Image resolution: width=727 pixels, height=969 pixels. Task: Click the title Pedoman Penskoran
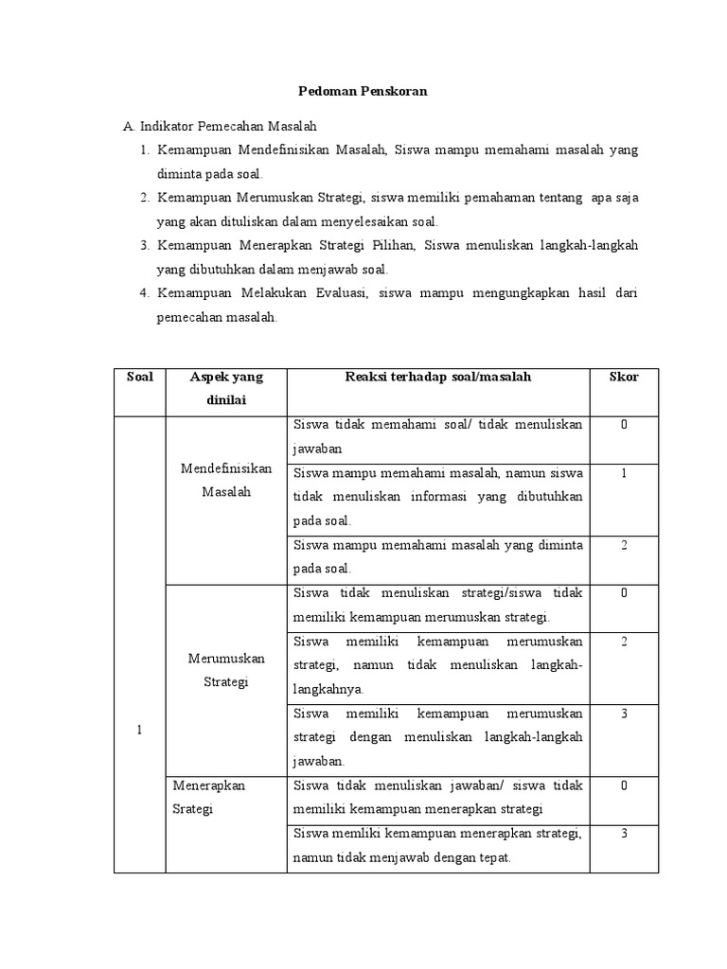(x=363, y=92)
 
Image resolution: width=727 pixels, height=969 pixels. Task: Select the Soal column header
(x=139, y=377)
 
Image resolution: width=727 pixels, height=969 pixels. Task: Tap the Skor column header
(x=624, y=377)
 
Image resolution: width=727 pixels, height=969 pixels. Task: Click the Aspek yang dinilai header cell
(x=226, y=388)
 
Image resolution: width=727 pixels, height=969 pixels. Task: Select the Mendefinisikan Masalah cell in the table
(x=226, y=480)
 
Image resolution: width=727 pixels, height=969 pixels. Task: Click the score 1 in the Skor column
(x=624, y=473)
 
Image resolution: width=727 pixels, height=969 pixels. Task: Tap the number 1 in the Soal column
(x=139, y=730)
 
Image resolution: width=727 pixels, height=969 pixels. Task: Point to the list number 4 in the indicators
(x=144, y=293)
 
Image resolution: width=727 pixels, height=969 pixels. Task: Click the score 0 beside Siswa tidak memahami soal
(x=624, y=425)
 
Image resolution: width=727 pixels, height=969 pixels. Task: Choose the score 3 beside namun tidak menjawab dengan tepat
(x=624, y=833)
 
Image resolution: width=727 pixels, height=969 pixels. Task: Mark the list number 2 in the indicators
(x=144, y=198)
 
